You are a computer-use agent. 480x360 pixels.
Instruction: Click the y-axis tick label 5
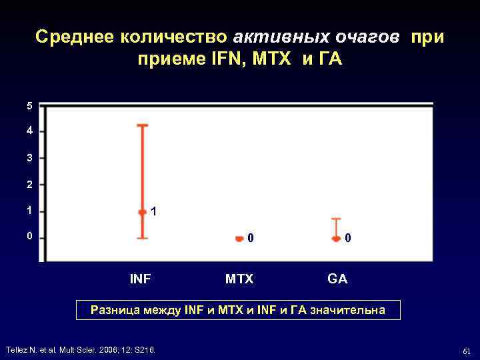[x=29, y=106]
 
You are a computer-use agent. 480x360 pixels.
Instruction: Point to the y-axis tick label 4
[x=29, y=131]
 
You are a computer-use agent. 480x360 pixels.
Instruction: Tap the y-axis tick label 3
[x=29, y=158]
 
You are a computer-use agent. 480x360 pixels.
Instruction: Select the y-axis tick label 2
[x=29, y=184]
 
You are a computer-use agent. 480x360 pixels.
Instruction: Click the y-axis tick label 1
[x=29, y=211]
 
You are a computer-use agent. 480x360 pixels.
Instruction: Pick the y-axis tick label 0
[x=29, y=237]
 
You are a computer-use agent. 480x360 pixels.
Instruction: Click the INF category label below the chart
[x=140, y=279]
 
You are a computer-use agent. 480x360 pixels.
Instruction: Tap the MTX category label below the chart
[x=239, y=279]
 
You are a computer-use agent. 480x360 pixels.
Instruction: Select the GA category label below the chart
[x=337, y=279]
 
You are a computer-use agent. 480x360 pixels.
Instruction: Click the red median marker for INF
[x=142, y=212]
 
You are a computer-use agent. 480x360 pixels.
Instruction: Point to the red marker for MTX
[x=239, y=238]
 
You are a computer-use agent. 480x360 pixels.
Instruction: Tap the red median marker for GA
[x=336, y=238]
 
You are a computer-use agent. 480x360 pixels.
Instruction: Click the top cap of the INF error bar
[x=142, y=125]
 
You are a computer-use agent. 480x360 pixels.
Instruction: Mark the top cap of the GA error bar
[x=336, y=219]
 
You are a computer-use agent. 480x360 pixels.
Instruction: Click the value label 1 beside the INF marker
[x=154, y=212]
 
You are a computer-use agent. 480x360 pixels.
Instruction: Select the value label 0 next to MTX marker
[x=250, y=238]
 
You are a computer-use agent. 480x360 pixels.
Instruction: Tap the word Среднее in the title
[x=74, y=37]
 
